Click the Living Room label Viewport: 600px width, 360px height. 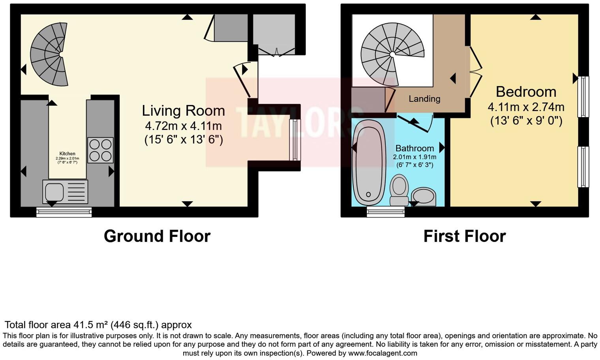click(183, 111)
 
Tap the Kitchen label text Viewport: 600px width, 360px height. click(67, 154)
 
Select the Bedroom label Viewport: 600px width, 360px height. click(526, 92)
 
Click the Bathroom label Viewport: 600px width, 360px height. click(414, 148)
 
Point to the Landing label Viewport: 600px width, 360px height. click(424, 99)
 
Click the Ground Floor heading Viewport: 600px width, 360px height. click(157, 236)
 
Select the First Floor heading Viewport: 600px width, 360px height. click(464, 236)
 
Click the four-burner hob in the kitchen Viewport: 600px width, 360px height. click(100, 150)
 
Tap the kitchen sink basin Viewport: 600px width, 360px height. click(54, 192)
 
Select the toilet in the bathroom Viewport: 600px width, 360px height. click(399, 190)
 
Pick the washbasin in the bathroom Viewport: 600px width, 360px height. click(424, 197)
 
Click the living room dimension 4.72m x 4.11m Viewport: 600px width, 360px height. click(183, 126)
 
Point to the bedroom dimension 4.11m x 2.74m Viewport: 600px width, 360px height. click(526, 107)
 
